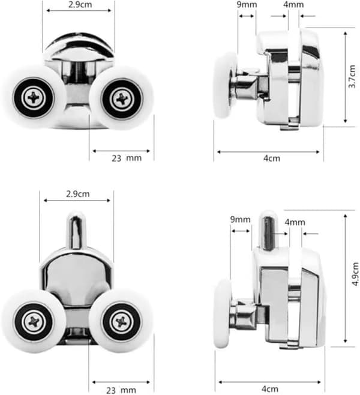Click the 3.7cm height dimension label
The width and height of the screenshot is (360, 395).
point(352,77)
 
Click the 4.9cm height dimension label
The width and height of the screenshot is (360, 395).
point(355,274)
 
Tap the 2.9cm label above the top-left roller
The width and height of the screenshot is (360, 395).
point(80,5)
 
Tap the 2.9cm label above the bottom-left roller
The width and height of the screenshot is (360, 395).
point(78,194)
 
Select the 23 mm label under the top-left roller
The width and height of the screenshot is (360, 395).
point(127,158)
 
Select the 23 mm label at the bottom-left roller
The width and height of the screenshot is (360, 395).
point(121,390)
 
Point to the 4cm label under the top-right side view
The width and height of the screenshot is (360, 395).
point(272,158)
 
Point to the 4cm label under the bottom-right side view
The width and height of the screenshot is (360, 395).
point(270,389)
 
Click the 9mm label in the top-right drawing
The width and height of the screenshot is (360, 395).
point(247,5)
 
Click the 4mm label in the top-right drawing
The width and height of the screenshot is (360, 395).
point(293,5)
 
